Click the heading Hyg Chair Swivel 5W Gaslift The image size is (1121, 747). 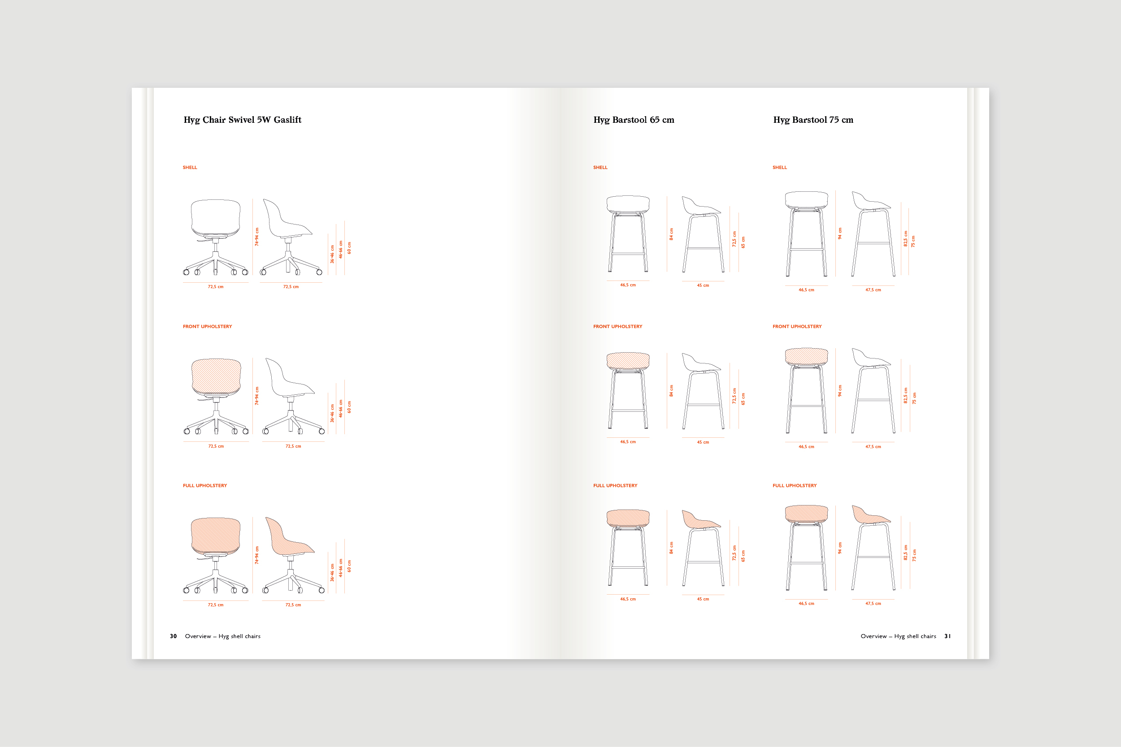coord(243,120)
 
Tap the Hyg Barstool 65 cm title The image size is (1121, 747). coord(634,120)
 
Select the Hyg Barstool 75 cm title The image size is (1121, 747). coord(813,120)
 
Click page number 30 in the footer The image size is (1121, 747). coord(174,636)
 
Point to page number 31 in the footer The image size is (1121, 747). coord(947,636)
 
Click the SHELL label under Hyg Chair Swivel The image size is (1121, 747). coord(190,168)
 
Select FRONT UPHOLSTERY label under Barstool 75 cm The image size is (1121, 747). coord(797,327)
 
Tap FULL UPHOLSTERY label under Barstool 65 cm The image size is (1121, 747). coord(615,486)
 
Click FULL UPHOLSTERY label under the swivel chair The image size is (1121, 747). coord(205,486)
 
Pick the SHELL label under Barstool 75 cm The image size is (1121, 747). coord(780,168)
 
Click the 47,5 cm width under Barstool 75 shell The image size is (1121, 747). coord(873,290)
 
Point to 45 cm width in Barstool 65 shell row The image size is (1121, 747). coord(703,286)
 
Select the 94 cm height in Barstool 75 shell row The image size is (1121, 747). coord(840,233)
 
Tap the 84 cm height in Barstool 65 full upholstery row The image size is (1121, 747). coord(672,548)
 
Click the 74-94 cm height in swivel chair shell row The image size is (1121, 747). coord(257,237)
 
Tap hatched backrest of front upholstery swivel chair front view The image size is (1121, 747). coord(216,376)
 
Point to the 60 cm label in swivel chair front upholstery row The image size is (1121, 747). coord(349,407)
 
